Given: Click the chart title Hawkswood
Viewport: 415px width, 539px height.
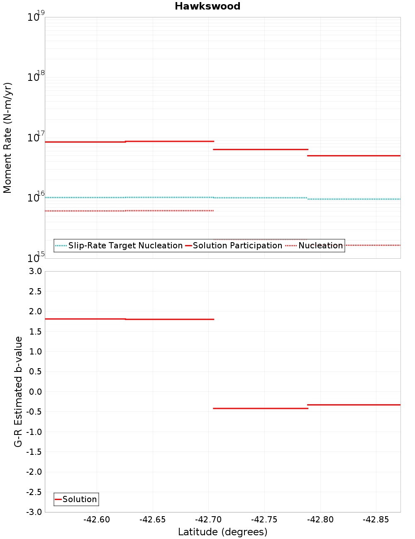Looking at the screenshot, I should (x=207, y=6).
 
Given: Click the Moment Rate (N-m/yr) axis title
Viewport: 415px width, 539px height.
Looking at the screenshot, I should (x=7, y=138).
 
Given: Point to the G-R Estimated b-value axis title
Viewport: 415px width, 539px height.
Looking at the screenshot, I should (x=18, y=392).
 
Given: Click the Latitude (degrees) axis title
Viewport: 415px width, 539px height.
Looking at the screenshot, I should (x=222, y=532).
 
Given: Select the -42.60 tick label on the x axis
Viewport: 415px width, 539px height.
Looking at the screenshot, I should (x=97, y=520).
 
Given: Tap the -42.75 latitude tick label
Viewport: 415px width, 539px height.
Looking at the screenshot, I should (x=264, y=520).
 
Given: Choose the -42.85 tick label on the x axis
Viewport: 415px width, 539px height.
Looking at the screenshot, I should (x=376, y=520).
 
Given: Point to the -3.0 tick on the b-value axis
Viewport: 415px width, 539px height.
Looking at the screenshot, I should (x=34, y=512).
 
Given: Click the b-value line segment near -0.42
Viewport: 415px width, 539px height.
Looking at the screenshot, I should (x=261, y=408).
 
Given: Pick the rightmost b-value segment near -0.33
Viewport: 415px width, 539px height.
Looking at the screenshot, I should (x=354, y=405).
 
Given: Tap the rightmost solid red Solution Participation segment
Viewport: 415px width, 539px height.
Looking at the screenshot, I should (x=354, y=155).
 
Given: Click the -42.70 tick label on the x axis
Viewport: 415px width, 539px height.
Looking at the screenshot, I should (x=208, y=520).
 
